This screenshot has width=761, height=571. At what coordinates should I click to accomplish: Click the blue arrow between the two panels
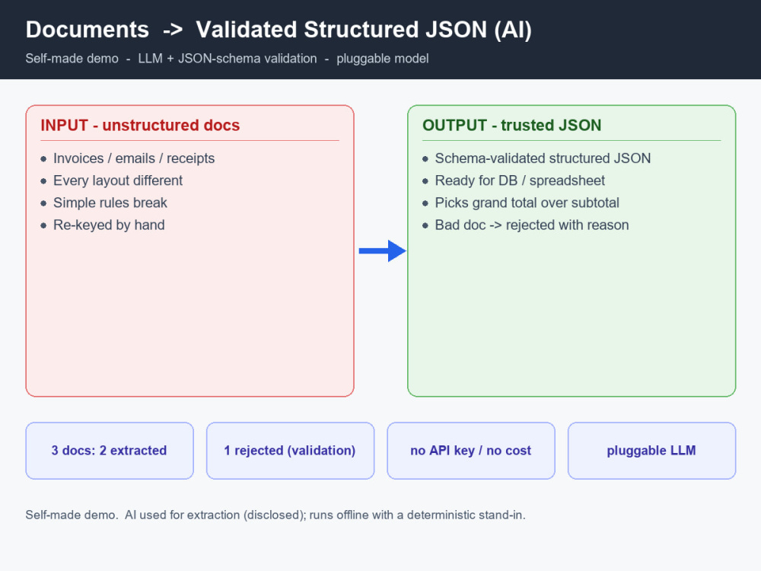(383, 251)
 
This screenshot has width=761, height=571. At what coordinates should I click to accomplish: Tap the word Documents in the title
(88, 30)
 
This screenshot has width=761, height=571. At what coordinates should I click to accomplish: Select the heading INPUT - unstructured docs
(140, 126)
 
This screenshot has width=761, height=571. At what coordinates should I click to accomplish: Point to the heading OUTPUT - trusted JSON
(511, 126)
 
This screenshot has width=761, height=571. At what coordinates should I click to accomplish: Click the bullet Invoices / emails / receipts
(134, 158)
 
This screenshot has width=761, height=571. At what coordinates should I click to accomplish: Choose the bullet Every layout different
(118, 180)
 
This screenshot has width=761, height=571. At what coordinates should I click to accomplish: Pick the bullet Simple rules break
(110, 203)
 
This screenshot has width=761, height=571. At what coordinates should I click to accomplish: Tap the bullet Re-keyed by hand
(109, 225)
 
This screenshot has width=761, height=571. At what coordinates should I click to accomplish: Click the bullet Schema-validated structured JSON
(543, 158)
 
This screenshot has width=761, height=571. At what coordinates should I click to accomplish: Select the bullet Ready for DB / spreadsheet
(520, 180)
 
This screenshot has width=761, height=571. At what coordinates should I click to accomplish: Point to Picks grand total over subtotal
(527, 203)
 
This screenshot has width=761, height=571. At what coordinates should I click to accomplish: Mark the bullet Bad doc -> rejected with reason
(532, 225)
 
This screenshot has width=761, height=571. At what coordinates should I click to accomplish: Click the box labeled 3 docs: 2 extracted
(110, 451)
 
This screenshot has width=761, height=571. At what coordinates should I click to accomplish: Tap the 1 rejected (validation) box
(290, 451)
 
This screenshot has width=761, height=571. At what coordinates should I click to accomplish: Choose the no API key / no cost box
(471, 451)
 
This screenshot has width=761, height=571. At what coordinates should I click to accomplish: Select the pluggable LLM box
(652, 451)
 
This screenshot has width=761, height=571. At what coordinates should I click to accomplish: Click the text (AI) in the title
(513, 30)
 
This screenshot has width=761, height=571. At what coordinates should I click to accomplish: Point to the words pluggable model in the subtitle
(383, 59)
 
